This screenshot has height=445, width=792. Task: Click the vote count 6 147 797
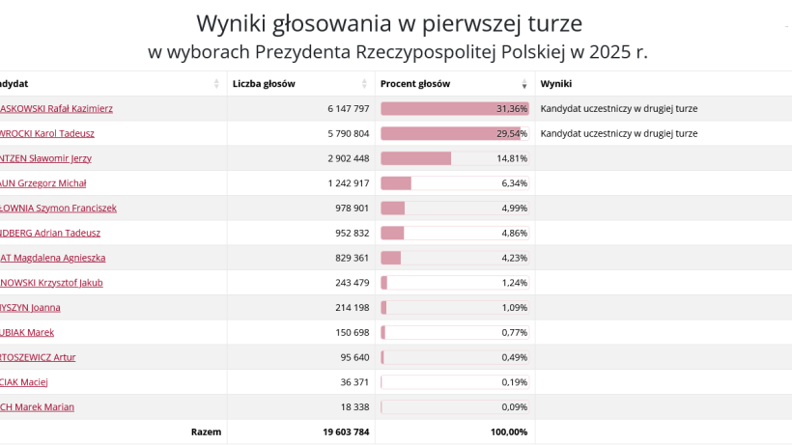tap(348, 109)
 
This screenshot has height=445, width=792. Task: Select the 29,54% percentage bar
tap(454, 133)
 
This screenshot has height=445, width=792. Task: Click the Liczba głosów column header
tap(264, 84)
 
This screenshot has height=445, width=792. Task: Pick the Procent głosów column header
tap(414, 84)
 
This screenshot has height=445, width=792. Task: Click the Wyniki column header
tap(556, 84)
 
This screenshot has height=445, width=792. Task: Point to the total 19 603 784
tap(346, 431)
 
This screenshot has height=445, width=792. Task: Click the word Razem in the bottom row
tap(206, 431)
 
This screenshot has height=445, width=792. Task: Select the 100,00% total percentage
tap(509, 431)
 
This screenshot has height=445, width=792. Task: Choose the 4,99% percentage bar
tap(454, 209)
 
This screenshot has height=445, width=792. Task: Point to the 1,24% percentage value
tap(515, 283)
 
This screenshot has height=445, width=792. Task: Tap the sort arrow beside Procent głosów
tap(524, 85)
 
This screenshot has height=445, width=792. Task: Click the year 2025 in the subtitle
tap(598, 51)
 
